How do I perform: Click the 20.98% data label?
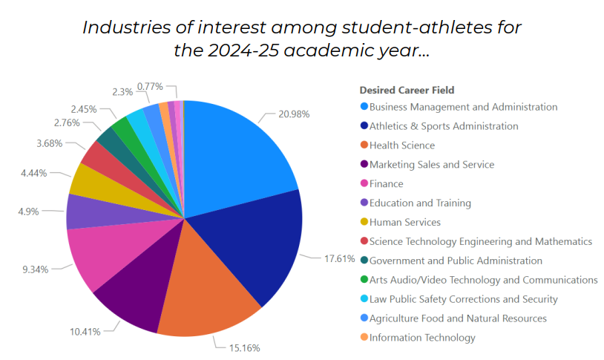(294, 114)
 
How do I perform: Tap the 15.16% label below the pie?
(244, 347)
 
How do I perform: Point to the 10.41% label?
(85, 331)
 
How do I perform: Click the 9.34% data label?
(35, 269)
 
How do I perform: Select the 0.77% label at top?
(151, 87)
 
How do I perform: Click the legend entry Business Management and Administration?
(463, 107)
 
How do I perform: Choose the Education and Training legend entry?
(420, 203)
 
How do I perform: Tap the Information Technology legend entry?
(422, 338)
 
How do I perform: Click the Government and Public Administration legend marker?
(364, 261)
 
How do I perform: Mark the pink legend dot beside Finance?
(364, 183)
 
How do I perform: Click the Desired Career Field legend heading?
(407, 91)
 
